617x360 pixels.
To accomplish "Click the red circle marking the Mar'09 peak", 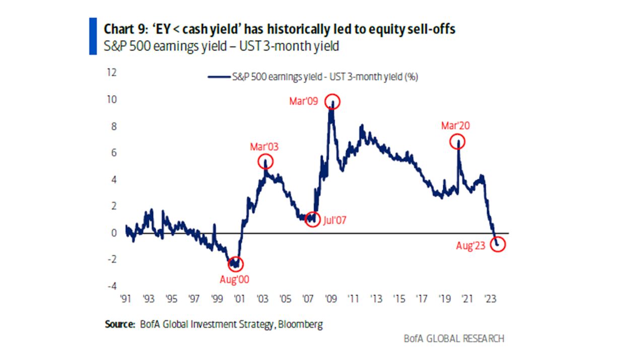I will point(333,102).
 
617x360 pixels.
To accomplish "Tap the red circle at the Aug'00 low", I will point(235,264).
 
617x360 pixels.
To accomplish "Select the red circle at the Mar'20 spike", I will point(458,141).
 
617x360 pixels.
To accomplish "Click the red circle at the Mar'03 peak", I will point(265,162).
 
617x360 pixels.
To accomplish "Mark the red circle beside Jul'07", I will point(313,220).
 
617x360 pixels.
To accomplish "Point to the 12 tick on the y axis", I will point(112,73).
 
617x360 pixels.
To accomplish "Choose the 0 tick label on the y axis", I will point(114,233).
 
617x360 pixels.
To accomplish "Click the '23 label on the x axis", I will point(489,299).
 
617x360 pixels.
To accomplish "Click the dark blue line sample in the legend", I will point(219,77).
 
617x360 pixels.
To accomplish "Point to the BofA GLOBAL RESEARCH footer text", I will point(454,338).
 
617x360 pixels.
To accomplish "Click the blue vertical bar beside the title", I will point(93,36).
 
